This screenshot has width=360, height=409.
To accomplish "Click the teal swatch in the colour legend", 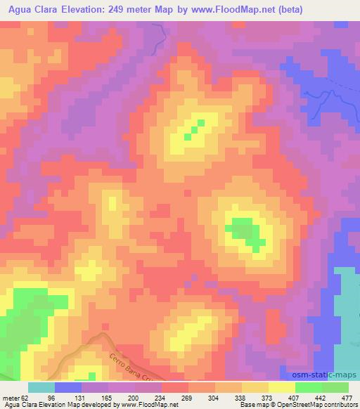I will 41,387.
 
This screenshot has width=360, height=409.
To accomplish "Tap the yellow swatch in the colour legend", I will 282,387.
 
